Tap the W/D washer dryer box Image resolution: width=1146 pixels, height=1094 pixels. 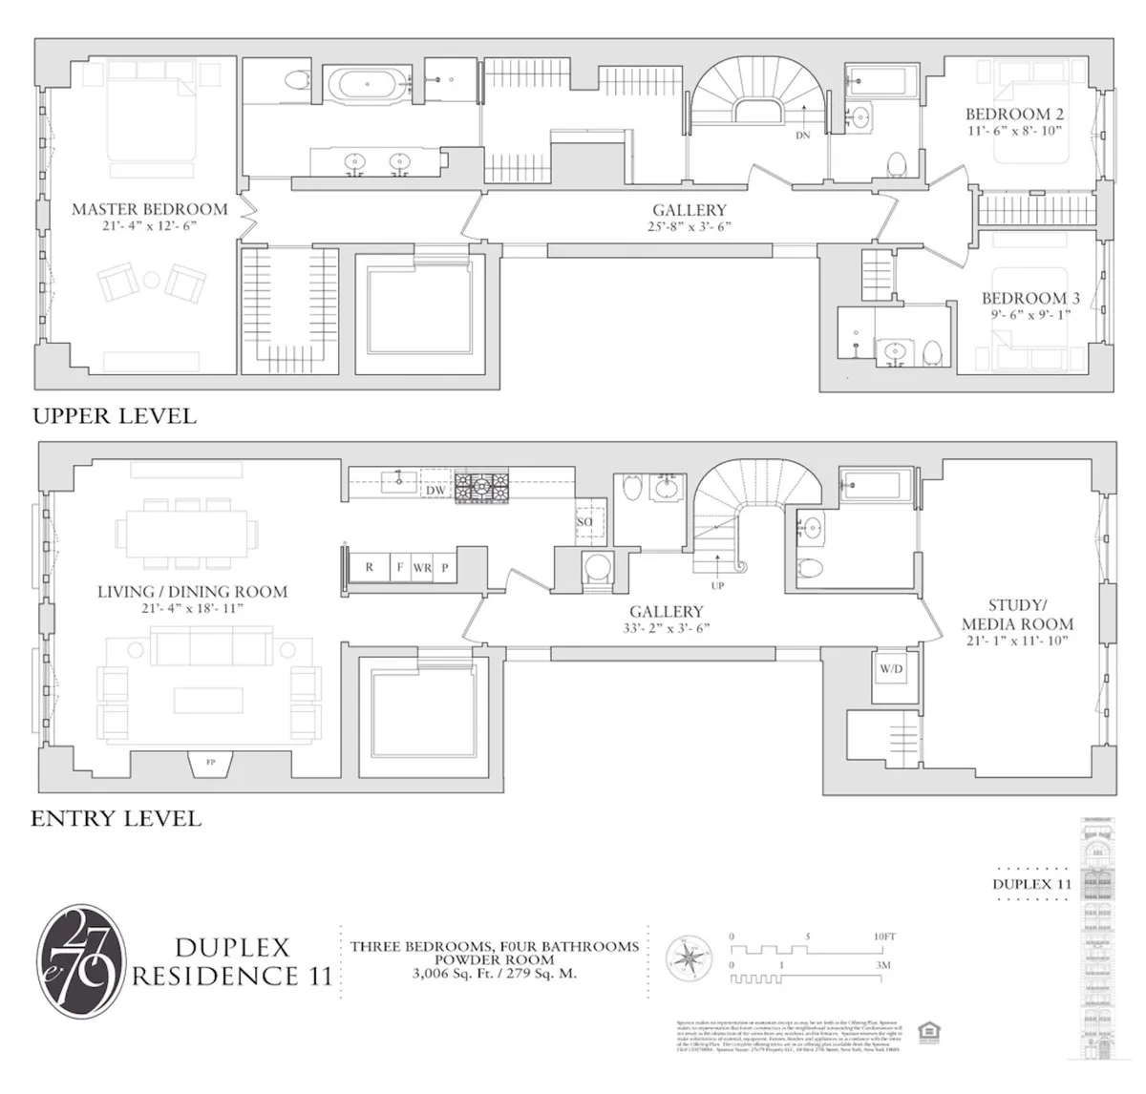(890, 669)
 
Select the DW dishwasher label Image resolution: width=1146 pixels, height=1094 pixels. (435, 490)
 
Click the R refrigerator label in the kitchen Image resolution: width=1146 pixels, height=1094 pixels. (370, 567)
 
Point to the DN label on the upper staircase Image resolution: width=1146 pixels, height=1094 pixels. (802, 136)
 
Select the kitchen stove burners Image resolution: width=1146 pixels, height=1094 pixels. (483, 487)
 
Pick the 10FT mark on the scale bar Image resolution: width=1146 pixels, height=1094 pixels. (883, 936)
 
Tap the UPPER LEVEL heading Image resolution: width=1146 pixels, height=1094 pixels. (114, 416)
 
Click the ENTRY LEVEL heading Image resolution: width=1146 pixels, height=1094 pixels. (116, 818)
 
